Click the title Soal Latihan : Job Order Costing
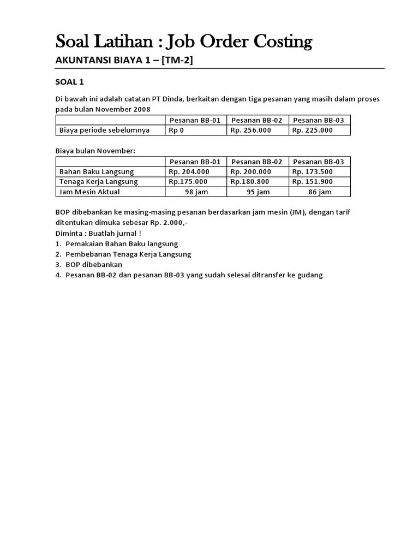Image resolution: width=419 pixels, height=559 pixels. pos(184,41)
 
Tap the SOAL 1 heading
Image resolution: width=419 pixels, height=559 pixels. pos(70,82)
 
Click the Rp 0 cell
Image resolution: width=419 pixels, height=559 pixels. pos(176,130)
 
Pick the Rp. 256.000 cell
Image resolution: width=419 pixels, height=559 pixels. pos(250,130)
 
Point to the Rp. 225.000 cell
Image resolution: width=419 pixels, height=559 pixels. pos(312,130)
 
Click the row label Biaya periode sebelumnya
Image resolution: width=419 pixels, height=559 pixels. pos(104,130)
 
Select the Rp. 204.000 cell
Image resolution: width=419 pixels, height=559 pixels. pos(189,171)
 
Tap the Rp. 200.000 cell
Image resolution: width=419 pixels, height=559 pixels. pos(250,171)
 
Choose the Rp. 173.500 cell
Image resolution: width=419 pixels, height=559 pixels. pos(312,171)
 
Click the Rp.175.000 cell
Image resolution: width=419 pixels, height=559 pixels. pos(188,181)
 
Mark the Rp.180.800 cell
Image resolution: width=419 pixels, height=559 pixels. pos(249,181)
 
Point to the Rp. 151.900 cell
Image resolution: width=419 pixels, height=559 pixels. pos(312,181)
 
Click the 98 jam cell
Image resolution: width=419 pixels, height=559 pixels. pos(196,192)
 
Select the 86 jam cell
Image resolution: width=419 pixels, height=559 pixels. pos(320,192)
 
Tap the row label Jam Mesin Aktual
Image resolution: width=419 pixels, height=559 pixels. pos(89,192)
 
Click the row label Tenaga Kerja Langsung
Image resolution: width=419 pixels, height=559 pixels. pos(98,181)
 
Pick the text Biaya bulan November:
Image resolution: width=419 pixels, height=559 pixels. pos(95,151)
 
